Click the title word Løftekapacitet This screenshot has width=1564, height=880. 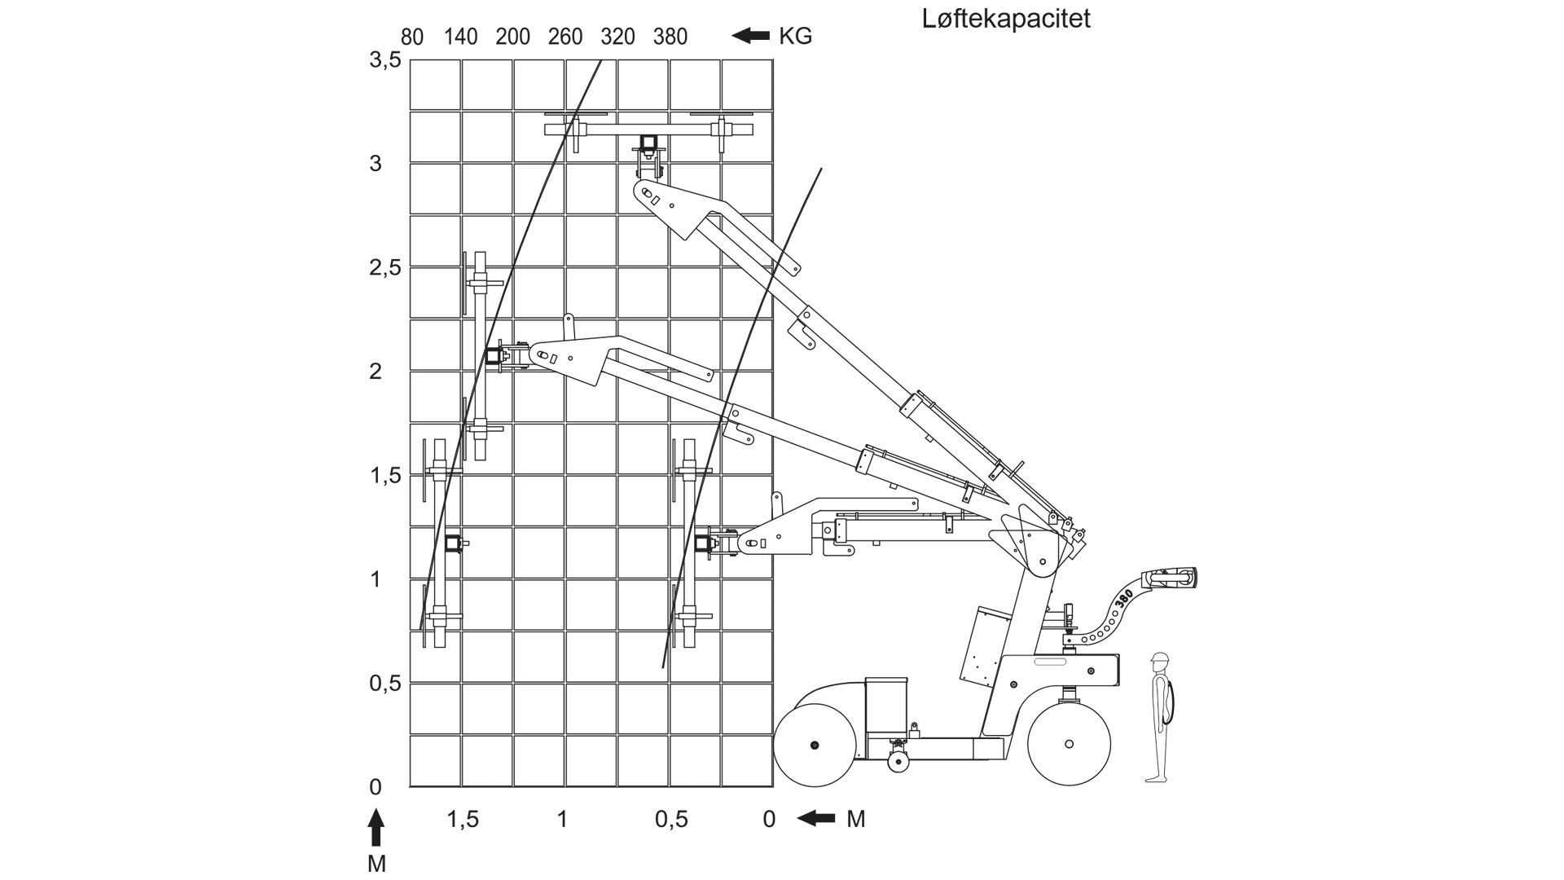click(x=1006, y=19)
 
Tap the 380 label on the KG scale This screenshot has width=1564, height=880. click(x=670, y=37)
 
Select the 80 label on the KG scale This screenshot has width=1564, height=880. click(x=412, y=37)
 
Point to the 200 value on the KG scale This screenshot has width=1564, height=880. click(x=512, y=37)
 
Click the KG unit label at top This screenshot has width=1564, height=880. click(x=795, y=37)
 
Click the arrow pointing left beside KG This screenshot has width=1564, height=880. click(x=751, y=36)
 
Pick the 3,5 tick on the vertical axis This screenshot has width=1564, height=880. click(x=385, y=59)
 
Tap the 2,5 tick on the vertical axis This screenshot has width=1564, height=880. click(x=385, y=267)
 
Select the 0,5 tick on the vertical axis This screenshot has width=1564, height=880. click(x=385, y=683)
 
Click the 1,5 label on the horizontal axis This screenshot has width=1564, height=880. click(x=463, y=819)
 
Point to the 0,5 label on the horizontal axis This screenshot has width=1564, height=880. click(x=671, y=819)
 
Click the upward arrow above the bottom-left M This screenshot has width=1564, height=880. click(x=376, y=828)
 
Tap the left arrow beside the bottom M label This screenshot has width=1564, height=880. click(x=816, y=818)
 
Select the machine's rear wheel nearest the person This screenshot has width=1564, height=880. click(x=1069, y=744)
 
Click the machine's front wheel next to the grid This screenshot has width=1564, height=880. click(x=814, y=746)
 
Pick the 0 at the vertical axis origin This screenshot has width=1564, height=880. click(x=376, y=787)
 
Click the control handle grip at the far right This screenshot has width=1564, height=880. click(x=1173, y=579)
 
